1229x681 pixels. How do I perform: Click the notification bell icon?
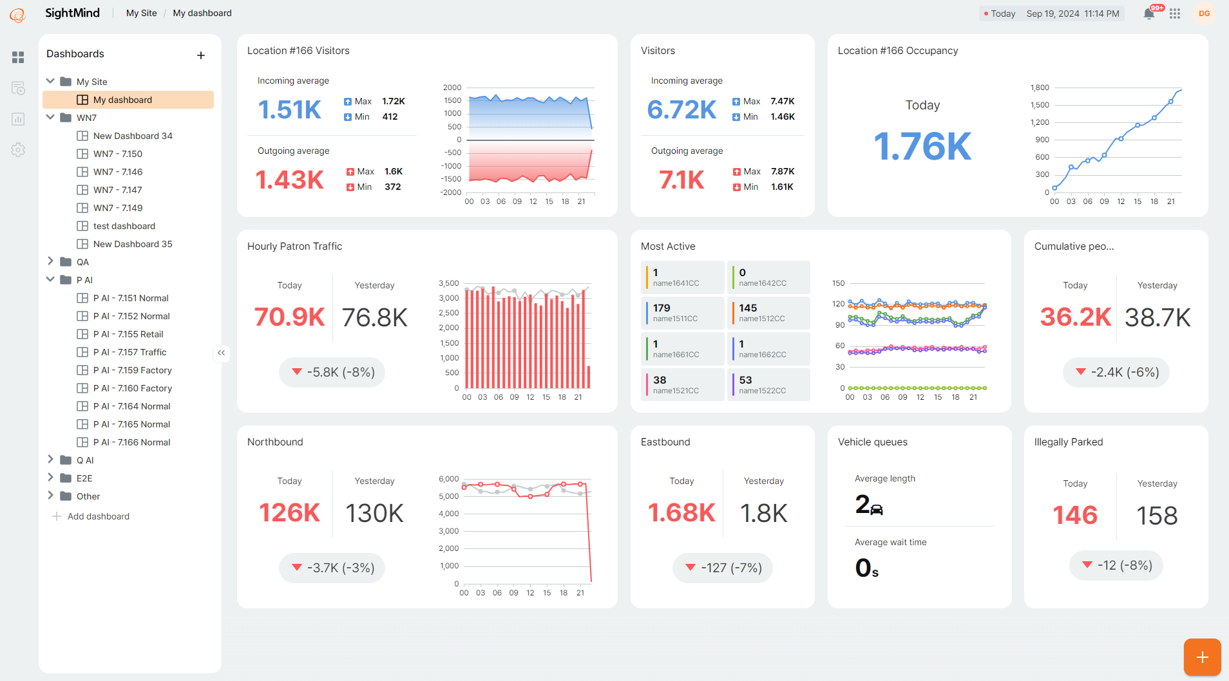(x=1148, y=14)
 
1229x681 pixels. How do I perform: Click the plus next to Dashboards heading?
(x=201, y=55)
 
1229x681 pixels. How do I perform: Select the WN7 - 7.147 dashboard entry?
(x=117, y=190)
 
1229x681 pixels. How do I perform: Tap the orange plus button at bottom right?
(x=1202, y=657)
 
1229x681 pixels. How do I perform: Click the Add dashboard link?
(x=98, y=516)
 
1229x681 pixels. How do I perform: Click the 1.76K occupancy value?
(x=922, y=146)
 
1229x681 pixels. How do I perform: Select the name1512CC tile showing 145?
(x=768, y=312)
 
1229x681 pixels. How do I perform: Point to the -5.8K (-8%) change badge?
(x=332, y=372)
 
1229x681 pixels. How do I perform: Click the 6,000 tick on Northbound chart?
(x=448, y=479)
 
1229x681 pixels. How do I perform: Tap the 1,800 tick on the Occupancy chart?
(x=1040, y=88)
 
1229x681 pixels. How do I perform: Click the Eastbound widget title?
(x=665, y=442)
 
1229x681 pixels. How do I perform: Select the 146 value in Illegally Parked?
(x=1074, y=515)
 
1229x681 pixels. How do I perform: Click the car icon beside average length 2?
(x=877, y=510)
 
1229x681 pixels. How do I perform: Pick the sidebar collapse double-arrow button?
(x=221, y=352)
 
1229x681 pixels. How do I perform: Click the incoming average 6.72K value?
(x=681, y=109)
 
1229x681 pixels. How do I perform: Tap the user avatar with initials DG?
(x=1204, y=14)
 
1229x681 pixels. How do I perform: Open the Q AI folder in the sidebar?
(x=84, y=460)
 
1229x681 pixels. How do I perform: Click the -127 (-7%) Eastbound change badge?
(x=722, y=568)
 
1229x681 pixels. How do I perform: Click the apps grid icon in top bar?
(x=1175, y=14)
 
